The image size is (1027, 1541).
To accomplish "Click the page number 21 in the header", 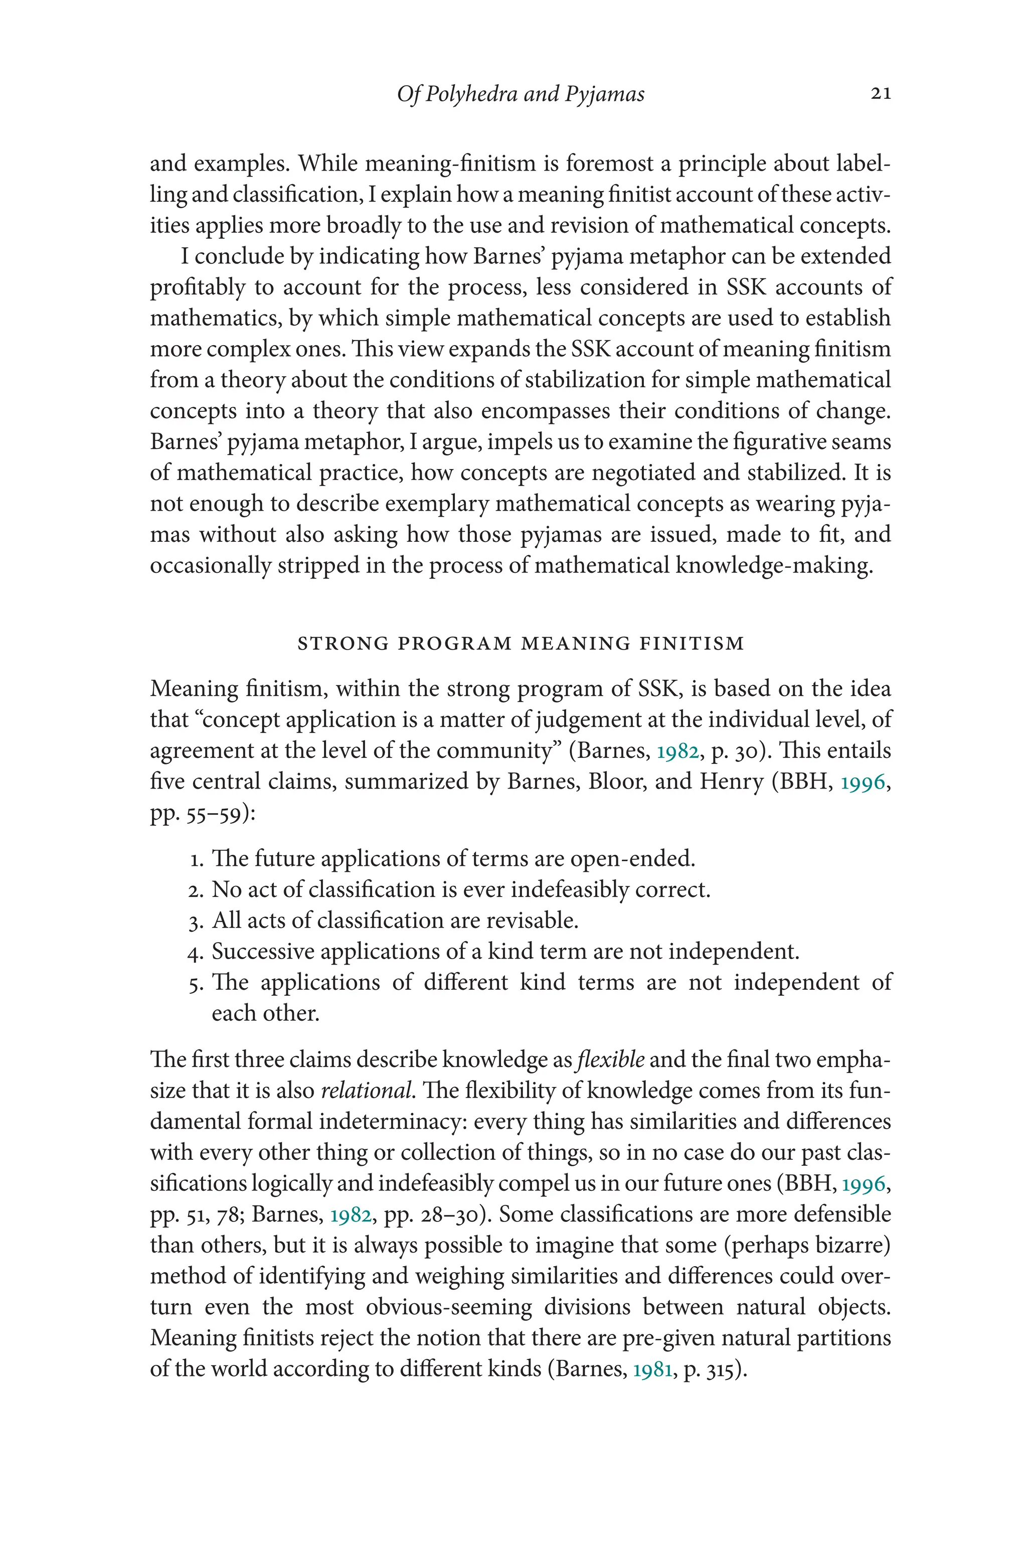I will click(x=880, y=94).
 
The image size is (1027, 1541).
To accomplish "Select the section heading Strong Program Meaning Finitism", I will click(x=521, y=644).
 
